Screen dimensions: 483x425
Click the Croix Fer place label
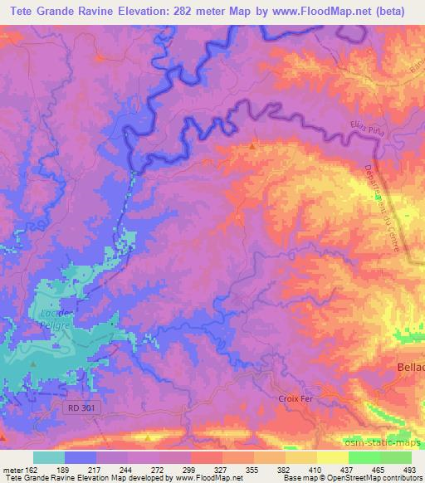coord(296,399)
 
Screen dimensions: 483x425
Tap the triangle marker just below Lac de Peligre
coord(33,363)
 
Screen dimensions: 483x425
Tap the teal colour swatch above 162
coord(49,457)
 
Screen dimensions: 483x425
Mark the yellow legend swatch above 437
coord(332,457)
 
